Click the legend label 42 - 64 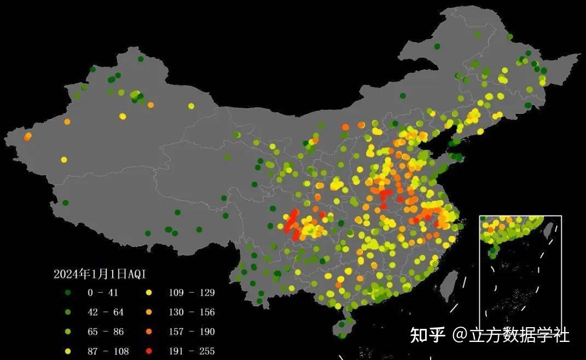coord(106,312)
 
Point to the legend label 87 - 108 coord(106,351)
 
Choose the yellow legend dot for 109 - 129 coord(149,293)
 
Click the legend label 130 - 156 coord(192,312)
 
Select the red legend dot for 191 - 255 coord(149,351)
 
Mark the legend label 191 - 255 coord(192,351)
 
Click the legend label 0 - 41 coord(103,293)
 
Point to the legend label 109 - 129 coord(192,293)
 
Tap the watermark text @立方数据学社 coord(510,334)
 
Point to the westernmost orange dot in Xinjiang coord(27,136)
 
